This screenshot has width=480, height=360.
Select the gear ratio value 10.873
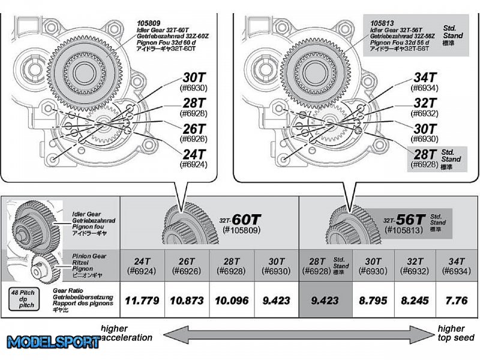point(187,299)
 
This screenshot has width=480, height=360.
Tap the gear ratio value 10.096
point(232,299)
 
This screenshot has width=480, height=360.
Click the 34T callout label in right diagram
point(425,79)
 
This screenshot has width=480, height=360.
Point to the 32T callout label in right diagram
point(425,106)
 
